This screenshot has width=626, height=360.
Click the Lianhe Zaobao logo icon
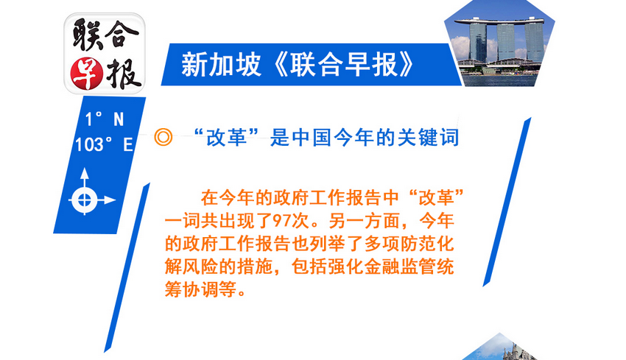(x=105, y=54)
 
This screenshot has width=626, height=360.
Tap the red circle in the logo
(x=87, y=74)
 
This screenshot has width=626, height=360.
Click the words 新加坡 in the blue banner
(x=221, y=65)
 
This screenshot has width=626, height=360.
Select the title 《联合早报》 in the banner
(x=344, y=65)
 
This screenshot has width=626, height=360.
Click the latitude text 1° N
(x=105, y=119)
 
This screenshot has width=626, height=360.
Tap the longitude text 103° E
(x=104, y=144)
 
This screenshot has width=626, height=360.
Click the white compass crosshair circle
(x=84, y=200)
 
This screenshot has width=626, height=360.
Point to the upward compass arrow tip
(x=84, y=169)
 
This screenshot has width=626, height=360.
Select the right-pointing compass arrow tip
(x=116, y=200)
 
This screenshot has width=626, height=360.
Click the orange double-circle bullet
(x=163, y=137)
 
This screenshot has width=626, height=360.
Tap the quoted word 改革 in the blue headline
(x=226, y=138)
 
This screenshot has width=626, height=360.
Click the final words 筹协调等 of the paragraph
(x=200, y=289)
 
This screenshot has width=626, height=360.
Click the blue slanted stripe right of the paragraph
(x=507, y=202)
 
